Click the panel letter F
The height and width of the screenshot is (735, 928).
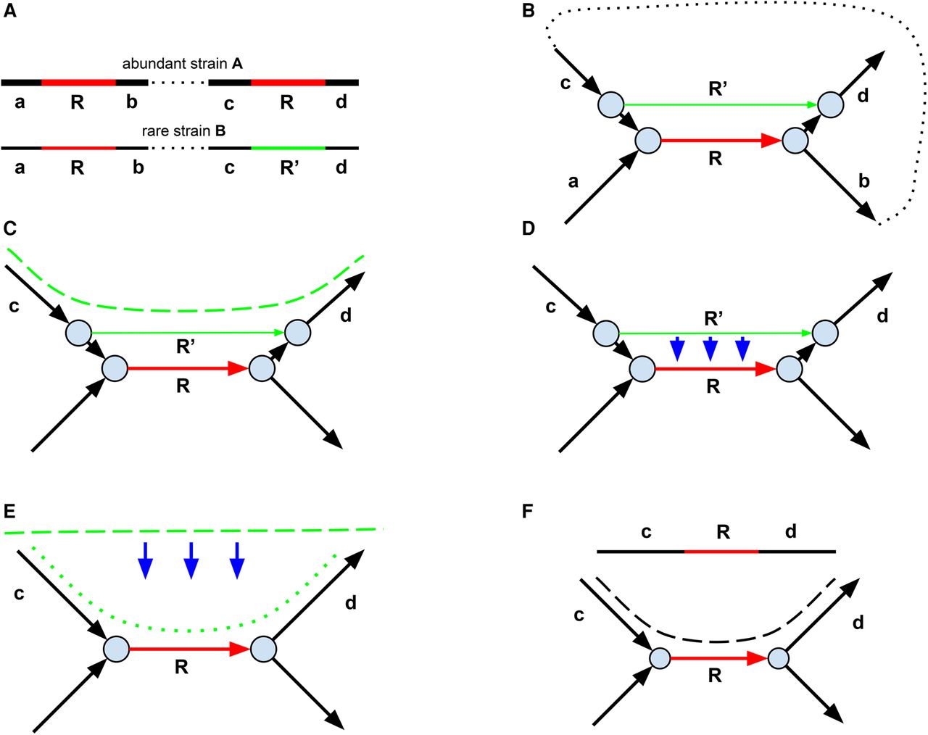click(529, 511)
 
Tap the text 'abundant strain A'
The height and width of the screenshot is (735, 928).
click(182, 63)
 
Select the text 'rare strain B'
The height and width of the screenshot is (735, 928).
click(184, 132)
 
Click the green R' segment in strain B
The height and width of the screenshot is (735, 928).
click(288, 148)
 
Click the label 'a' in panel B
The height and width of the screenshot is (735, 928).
click(573, 181)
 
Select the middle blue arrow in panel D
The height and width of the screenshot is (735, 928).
click(710, 349)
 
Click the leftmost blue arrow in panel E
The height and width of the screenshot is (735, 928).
click(146, 560)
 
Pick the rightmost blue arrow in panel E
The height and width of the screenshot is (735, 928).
click(236, 560)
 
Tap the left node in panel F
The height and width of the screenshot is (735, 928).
click(659, 659)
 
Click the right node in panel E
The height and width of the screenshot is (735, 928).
click(263, 649)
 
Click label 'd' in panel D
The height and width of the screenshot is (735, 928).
click(882, 316)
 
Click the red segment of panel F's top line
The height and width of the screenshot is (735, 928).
click(721, 552)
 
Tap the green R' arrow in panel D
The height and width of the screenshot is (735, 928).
click(714, 333)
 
